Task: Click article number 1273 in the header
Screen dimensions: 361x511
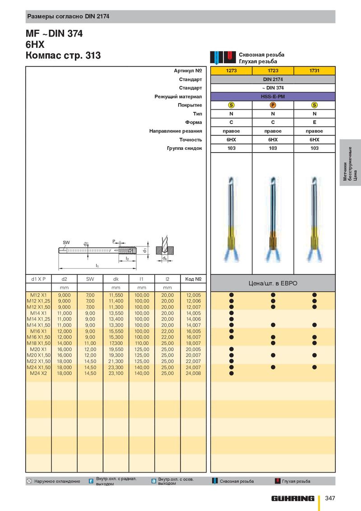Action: [x=231, y=70]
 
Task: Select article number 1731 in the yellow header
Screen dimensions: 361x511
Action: [x=315, y=70]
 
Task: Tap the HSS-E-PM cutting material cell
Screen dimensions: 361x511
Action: [x=273, y=97]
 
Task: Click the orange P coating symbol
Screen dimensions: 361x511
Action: [x=273, y=105]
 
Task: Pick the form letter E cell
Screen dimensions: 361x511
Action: [x=315, y=122]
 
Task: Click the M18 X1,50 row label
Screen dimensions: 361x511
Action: [x=38, y=343]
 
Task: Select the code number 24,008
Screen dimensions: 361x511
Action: [x=193, y=373]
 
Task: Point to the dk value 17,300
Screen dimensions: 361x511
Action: [x=116, y=343]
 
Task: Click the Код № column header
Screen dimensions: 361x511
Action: [x=193, y=279]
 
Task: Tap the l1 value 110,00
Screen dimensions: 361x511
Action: [x=142, y=343]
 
